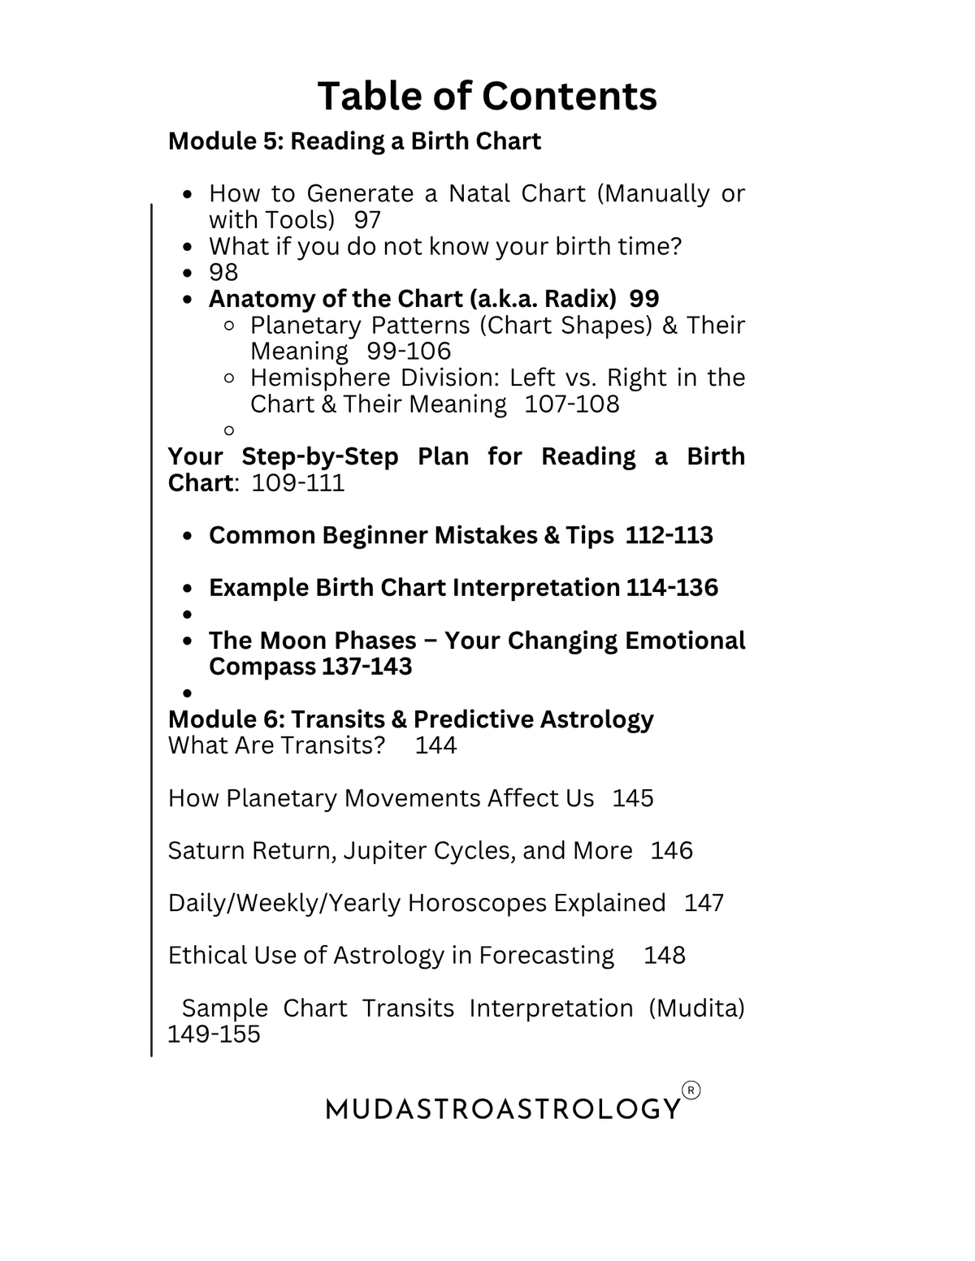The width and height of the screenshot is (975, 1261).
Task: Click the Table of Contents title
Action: [487, 96]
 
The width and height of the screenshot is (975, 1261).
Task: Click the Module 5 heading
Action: [354, 141]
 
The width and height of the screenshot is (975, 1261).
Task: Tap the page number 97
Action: [367, 220]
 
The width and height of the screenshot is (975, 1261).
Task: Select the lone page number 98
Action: [223, 273]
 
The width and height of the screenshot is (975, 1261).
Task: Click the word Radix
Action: [578, 299]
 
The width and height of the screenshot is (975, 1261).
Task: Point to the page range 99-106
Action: [409, 352]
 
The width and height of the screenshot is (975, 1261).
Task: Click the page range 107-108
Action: [571, 404]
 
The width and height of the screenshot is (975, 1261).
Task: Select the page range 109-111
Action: [298, 483]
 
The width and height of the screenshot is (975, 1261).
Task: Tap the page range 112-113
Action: [669, 536]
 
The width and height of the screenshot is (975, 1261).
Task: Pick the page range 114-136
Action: [672, 588]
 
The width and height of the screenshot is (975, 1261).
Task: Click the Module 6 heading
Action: [410, 719]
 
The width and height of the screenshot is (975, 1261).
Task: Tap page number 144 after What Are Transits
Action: [435, 745]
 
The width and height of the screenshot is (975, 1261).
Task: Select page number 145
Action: [633, 798]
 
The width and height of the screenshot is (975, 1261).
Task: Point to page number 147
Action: [704, 903]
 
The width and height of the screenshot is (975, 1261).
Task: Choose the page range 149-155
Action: [214, 1034]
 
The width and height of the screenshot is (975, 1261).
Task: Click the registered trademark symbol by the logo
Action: [691, 1090]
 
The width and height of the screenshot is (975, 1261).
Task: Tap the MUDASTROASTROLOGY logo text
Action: [503, 1108]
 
